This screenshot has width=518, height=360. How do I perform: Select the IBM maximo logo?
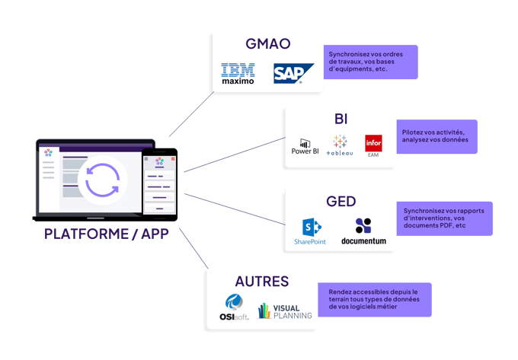[x=238, y=75]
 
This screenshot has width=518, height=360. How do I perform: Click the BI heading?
[x=340, y=119]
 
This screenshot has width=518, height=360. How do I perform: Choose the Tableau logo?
[x=340, y=145]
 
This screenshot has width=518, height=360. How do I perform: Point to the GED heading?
[x=340, y=202]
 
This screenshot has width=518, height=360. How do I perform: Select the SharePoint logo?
[x=309, y=231]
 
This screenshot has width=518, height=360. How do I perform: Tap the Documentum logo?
[x=363, y=231]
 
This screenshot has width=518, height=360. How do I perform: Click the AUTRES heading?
[x=261, y=281]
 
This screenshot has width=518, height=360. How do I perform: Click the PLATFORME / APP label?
[x=107, y=234]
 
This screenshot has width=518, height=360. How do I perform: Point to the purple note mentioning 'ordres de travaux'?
[x=369, y=62]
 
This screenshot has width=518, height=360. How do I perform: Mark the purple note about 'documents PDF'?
[x=445, y=218]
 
